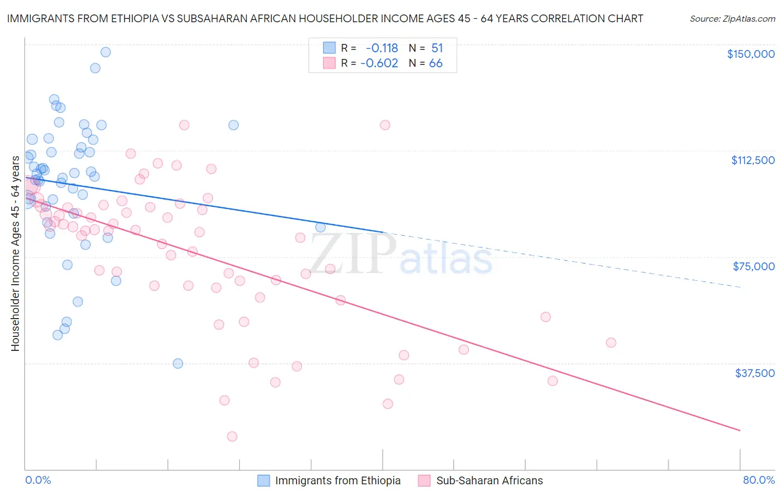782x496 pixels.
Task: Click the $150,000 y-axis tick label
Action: pyautogui.click(x=750, y=54)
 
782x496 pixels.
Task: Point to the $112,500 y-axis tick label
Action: pyautogui.click(x=753, y=160)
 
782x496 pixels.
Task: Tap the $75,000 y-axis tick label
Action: pyautogui.click(x=753, y=266)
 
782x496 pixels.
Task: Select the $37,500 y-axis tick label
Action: pyautogui.click(x=754, y=373)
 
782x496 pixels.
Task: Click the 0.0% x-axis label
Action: pyautogui.click(x=38, y=480)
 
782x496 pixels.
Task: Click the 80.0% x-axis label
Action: pyautogui.click(x=759, y=480)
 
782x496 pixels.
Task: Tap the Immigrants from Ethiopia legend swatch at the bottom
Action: pyautogui.click(x=264, y=480)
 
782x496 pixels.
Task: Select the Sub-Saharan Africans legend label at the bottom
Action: pyautogui.click(x=489, y=480)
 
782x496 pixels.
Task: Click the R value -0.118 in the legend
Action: pyautogui.click(x=382, y=48)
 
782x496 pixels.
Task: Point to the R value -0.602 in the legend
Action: pyautogui.click(x=379, y=63)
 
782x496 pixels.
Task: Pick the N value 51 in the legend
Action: pyautogui.click(x=437, y=48)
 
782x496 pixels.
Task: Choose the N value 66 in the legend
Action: pyautogui.click(x=435, y=63)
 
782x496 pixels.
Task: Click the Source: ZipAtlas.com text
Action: pyautogui.click(x=732, y=19)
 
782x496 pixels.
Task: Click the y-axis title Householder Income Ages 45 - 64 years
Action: pyautogui.click(x=15, y=254)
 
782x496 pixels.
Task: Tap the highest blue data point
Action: pyautogui.click(x=105, y=52)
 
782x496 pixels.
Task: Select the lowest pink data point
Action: pyautogui.click(x=232, y=437)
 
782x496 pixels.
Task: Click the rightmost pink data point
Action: pyautogui.click(x=611, y=343)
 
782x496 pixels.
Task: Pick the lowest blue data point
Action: pyautogui.click(x=178, y=364)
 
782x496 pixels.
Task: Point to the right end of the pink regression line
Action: pyautogui.click(x=740, y=430)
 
